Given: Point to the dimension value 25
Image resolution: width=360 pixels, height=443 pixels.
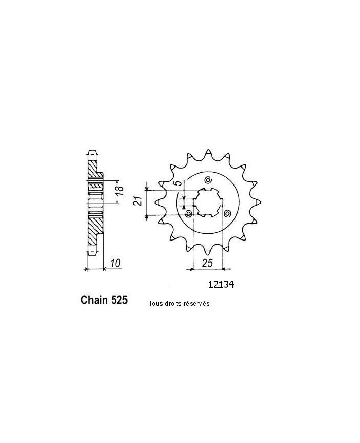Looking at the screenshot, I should [207, 263].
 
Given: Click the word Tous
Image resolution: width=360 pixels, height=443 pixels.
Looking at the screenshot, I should [155, 304].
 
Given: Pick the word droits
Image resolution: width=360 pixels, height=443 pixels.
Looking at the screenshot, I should [174, 304].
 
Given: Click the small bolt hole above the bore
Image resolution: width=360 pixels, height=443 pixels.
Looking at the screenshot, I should [208, 180].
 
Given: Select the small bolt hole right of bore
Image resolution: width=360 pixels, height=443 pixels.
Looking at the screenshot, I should [226, 213].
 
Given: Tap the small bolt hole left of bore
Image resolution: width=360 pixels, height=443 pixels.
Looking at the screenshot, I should [189, 213].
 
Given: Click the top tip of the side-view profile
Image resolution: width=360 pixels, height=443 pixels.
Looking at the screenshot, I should [93, 152].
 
